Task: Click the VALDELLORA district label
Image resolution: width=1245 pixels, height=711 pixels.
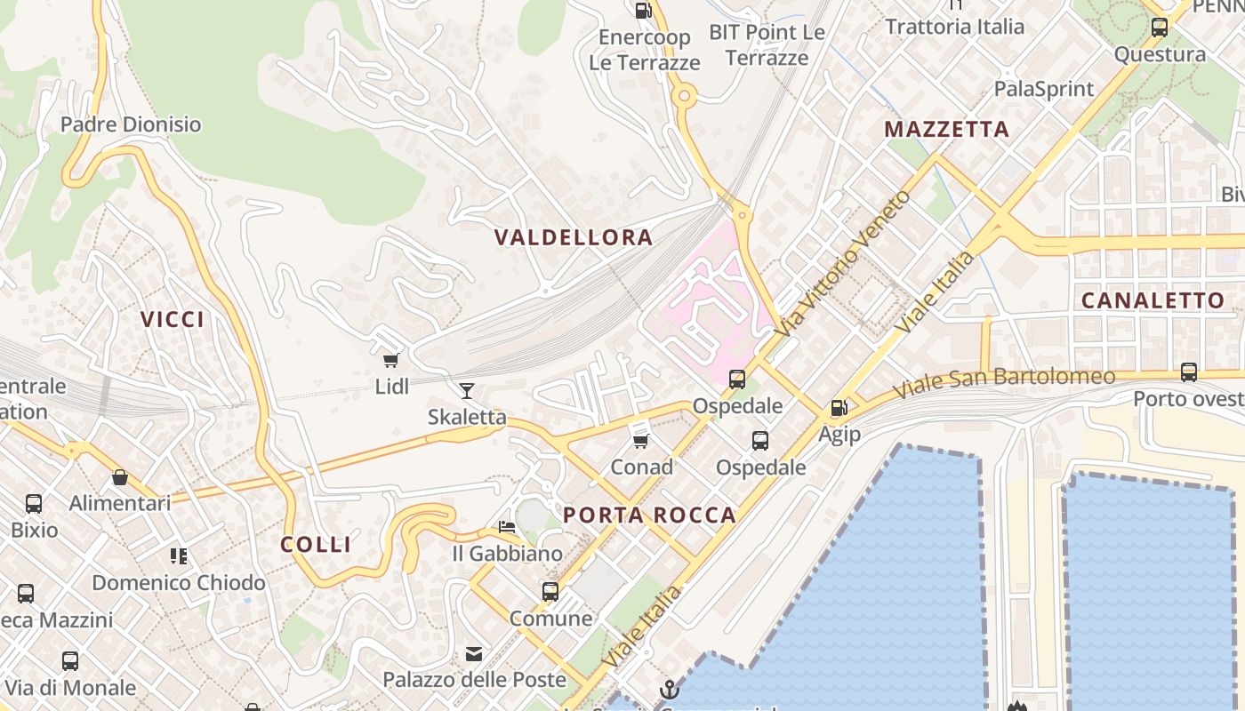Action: (x=574, y=237)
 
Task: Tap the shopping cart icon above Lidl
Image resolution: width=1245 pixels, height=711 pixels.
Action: (x=390, y=360)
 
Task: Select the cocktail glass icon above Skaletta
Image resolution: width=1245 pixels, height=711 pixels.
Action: (x=467, y=390)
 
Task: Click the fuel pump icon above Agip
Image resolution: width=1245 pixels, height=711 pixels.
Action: (x=839, y=408)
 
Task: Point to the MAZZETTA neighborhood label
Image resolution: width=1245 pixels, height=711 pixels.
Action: (x=946, y=130)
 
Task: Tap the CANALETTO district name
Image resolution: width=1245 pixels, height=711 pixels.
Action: (x=1153, y=300)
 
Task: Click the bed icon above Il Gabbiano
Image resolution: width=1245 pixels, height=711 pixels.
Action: (x=507, y=527)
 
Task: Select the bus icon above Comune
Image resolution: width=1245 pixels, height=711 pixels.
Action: (x=550, y=591)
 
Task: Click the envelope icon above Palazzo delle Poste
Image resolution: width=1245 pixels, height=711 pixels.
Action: (x=474, y=654)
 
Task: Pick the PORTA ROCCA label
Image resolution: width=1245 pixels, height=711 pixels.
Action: (x=649, y=515)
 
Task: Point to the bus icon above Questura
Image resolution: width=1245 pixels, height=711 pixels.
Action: (x=1160, y=28)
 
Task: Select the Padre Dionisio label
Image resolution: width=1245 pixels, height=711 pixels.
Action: (x=131, y=124)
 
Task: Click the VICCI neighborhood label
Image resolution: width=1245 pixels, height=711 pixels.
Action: (x=173, y=319)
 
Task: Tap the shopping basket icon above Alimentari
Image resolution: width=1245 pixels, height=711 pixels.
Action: (x=120, y=477)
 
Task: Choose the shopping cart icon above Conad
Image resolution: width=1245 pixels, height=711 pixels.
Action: (x=640, y=440)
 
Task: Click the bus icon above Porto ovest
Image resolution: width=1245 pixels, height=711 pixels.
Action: (x=1189, y=372)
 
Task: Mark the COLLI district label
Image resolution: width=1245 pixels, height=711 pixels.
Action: (x=316, y=544)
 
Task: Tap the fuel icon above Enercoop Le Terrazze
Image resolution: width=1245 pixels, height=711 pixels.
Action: (x=643, y=11)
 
